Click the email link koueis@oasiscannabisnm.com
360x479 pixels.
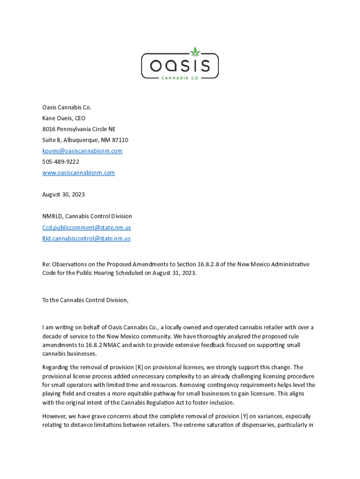[82, 151]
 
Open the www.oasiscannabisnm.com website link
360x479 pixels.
[79, 173]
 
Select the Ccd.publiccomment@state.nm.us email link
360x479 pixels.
[86, 227]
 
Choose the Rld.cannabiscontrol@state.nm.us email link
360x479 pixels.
[86, 238]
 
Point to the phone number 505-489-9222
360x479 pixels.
[61, 162]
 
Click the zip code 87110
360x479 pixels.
[120, 140]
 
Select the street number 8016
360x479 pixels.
[49, 129]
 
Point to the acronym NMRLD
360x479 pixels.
[52, 216]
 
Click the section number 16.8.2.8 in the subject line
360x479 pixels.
[228, 265]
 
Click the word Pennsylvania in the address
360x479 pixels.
[75, 129]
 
